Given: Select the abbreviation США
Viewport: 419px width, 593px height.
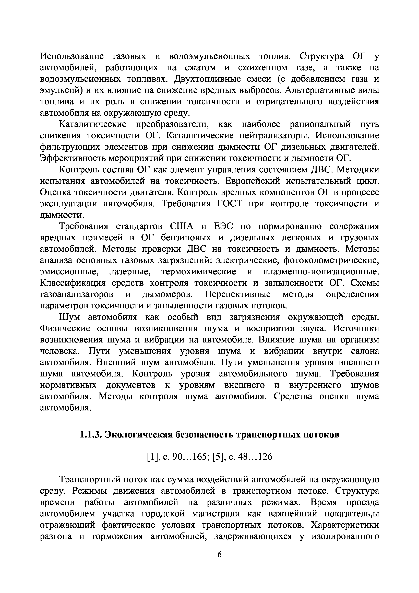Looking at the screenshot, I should coord(182,226).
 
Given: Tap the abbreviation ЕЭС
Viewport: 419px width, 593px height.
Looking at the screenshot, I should coord(224,226).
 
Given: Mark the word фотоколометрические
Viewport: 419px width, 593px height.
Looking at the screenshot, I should coord(331,260).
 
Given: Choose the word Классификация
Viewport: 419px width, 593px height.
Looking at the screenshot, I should coord(73,283).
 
